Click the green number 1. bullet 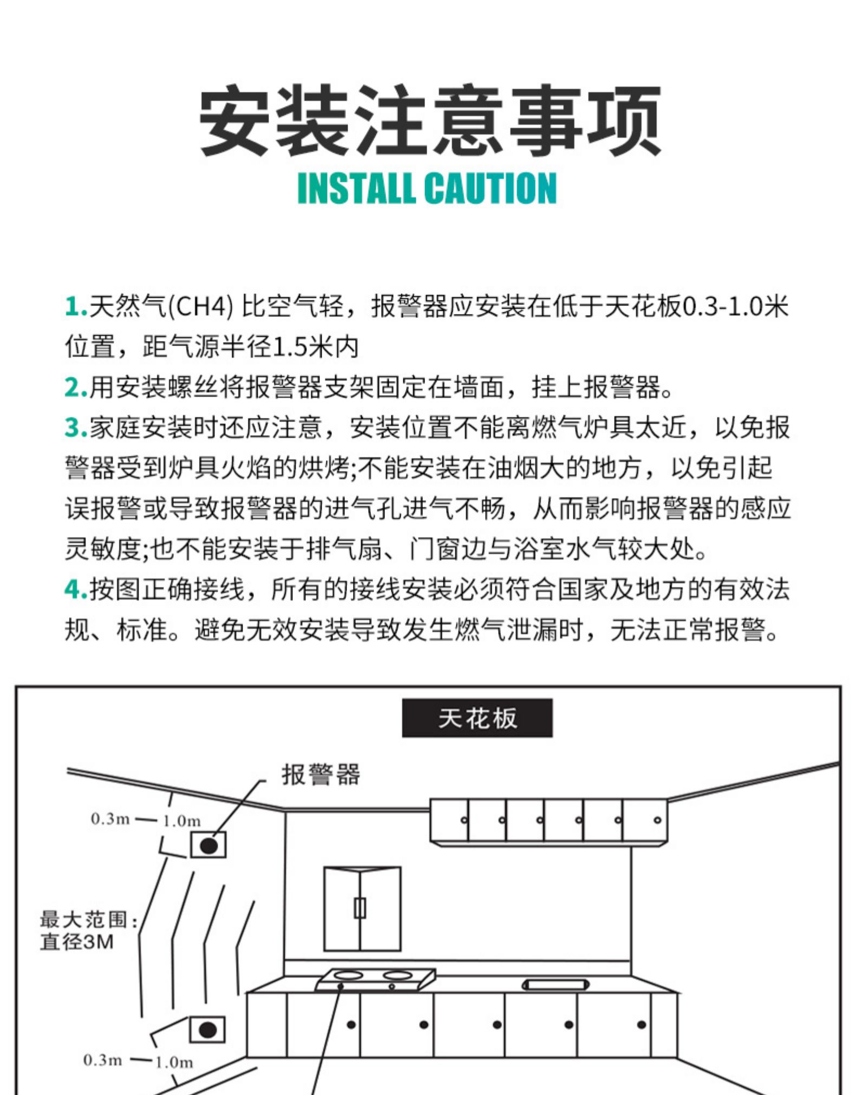tap(76, 306)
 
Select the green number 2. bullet tap(76, 387)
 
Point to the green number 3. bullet tap(76, 427)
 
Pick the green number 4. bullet tap(76, 589)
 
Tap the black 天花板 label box tap(477, 718)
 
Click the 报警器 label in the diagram tap(321, 774)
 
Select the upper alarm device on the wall tap(208, 845)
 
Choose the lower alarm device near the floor tap(207, 1030)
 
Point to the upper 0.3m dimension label tap(110, 818)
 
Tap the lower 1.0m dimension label tap(174, 1062)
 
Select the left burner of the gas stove tap(348, 975)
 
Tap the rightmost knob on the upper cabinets tap(657, 819)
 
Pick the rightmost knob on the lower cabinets tap(642, 1025)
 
